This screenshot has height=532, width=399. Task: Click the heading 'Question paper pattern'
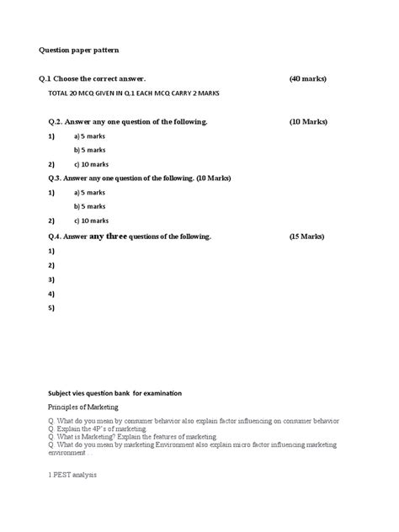[x=83, y=50]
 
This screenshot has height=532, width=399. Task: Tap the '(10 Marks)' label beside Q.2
[x=307, y=122]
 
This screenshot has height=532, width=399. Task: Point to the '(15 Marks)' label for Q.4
[x=306, y=237]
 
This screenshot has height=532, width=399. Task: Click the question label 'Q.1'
[x=56, y=78]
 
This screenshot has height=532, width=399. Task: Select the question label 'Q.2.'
[x=57, y=122]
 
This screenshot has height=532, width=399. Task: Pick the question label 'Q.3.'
[x=57, y=178]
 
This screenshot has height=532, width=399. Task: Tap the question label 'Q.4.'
[x=57, y=237]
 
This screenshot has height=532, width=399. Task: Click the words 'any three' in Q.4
[x=107, y=237]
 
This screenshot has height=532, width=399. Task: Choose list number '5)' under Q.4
[x=51, y=308]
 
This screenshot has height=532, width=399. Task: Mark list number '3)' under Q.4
[x=51, y=279]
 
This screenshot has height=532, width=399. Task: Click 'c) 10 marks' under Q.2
[x=90, y=164]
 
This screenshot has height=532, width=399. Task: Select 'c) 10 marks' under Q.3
[x=90, y=221]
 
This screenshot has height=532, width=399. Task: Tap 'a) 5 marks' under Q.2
[x=89, y=136]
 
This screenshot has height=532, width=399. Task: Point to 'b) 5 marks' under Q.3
[x=89, y=206]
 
